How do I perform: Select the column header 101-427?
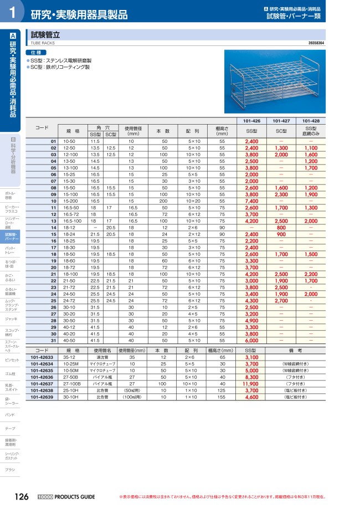tap(282, 121)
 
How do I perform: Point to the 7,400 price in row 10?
tap(252, 201)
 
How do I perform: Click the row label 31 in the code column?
tap(54, 340)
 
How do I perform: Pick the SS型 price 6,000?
tap(252, 340)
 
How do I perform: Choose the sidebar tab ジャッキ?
tap(11, 319)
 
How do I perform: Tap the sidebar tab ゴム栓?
tap(11, 374)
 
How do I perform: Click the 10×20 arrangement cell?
tap(193, 201)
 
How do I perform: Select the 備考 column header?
tap(295, 351)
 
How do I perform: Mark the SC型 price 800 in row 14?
tap(281, 228)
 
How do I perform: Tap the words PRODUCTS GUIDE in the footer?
tap(75, 497)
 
